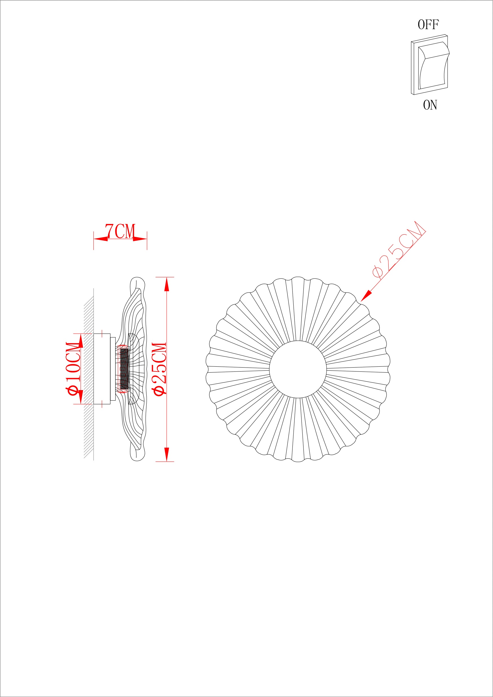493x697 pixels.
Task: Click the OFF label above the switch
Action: (x=428, y=25)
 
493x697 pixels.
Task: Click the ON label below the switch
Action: (x=430, y=105)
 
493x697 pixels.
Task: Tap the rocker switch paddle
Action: (x=433, y=65)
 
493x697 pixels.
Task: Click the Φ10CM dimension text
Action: (x=74, y=369)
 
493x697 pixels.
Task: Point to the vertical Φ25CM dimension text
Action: (x=160, y=369)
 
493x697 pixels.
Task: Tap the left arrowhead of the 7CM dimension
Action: (x=100, y=239)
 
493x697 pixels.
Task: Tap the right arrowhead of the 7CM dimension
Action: (x=140, y=239)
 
